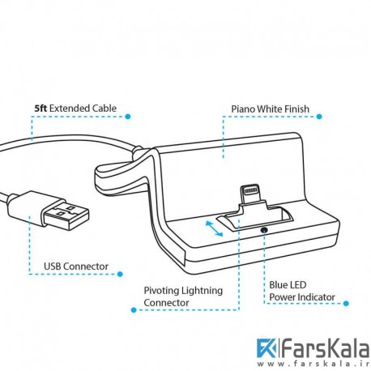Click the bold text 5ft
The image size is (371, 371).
pyautogui.click(x=41, y=109)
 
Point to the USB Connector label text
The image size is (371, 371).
pyautogui.click(x=76, y=267)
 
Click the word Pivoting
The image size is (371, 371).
pyautogui.click(x=161, y=291)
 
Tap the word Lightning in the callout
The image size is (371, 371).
pyautogui.click(x=202, y=291)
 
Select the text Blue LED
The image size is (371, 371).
pyautogui.click(x=288, y=285)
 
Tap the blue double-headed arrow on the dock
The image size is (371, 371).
pyautogui.click(x=214, y=228)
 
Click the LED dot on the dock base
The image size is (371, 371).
pyautogui.click(x=263, y=230)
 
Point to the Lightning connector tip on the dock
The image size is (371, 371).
pyautogui.click(x=251, y=193)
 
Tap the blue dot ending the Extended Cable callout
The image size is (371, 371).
pyautogui.click(x=128, y=117)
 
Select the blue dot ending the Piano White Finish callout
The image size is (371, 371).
pyautogui.click(x=319, y=117)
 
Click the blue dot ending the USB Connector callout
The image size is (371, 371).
pyautogui.click(x=120, y=274)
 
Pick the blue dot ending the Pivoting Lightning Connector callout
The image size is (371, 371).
pyautogui.click(x=134, y=309)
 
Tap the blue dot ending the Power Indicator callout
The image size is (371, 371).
pyautogui.click(x=346, y=303)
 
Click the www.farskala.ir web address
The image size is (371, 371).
pyautogui.click(x=313, y=364)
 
